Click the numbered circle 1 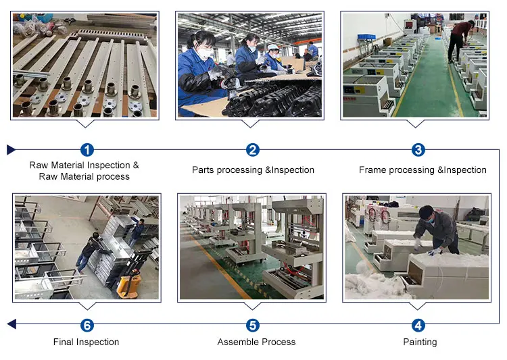tap(87, 150)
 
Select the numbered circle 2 tap(253, 150)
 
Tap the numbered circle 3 tap(418, 150)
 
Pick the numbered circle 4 tap(418, 326)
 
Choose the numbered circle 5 tap(253, 326)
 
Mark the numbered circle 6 tap(87, 326)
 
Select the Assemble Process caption tap(256, 342)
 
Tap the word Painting tap(420, 342)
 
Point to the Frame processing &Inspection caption tap(422, 170)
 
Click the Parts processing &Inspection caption tap(253, 170)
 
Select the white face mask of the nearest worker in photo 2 tap(203, 53)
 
